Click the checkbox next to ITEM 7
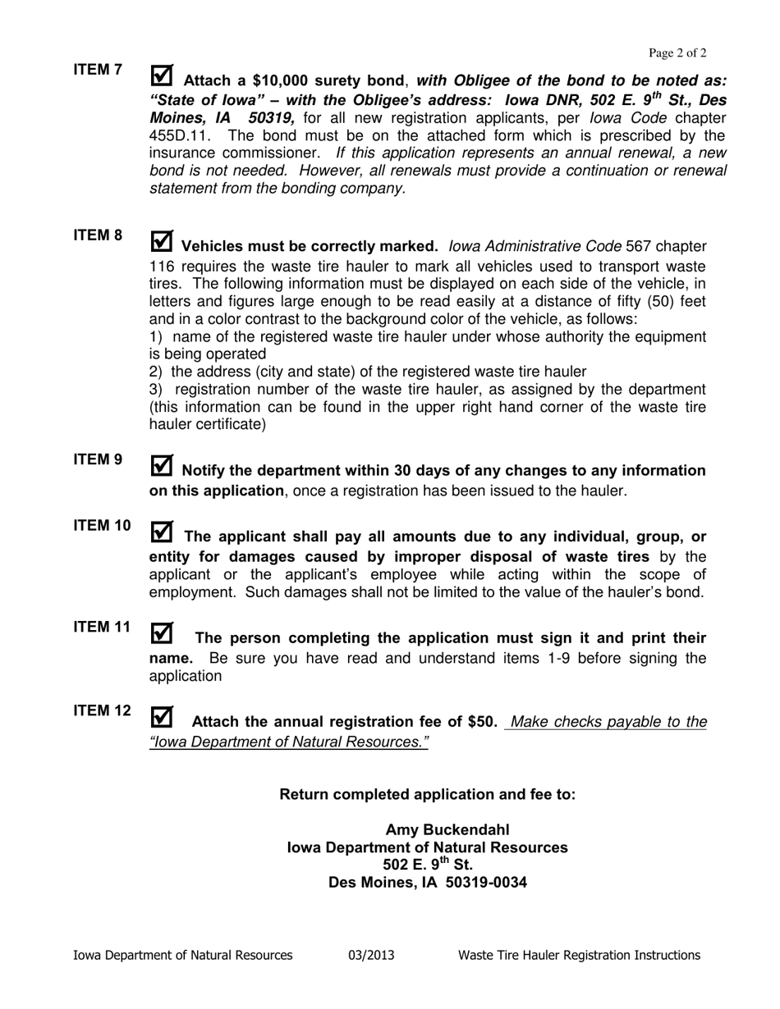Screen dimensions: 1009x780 coord(163,75)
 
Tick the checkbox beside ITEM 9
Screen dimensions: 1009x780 coord(163,466)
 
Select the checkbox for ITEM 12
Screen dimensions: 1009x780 coord(163,717)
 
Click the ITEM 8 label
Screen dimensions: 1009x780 coord(98,235)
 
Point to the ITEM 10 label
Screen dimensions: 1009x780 coord(102,526)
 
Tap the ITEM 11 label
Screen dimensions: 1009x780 coord(102,627)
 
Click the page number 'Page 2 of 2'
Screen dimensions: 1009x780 coord(677,53)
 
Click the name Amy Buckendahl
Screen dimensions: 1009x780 coord(453,829)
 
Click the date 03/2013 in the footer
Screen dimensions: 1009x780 coord(371,955)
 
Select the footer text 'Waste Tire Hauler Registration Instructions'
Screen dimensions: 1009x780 coord(579,955)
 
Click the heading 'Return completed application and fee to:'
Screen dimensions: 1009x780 coord(428,794)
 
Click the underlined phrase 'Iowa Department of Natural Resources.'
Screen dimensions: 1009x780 coord(289,742)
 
